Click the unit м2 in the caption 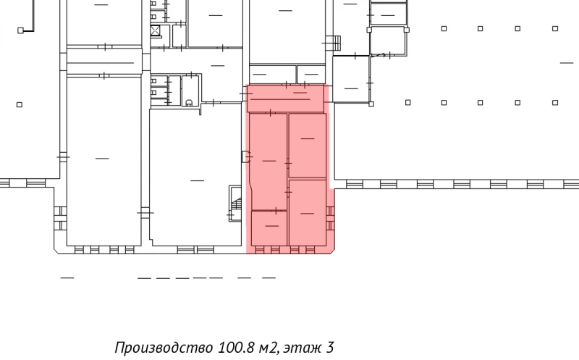[266, 348]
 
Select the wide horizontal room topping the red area [286, 99]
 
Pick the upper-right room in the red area [307, 145]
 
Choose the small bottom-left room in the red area [269, 228]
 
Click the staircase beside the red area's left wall [235, 203]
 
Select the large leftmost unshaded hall [103, 159]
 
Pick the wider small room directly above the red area [272, 74]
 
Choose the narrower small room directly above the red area [311, 74]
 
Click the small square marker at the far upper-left [22, 30]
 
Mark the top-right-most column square [555, 29]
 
